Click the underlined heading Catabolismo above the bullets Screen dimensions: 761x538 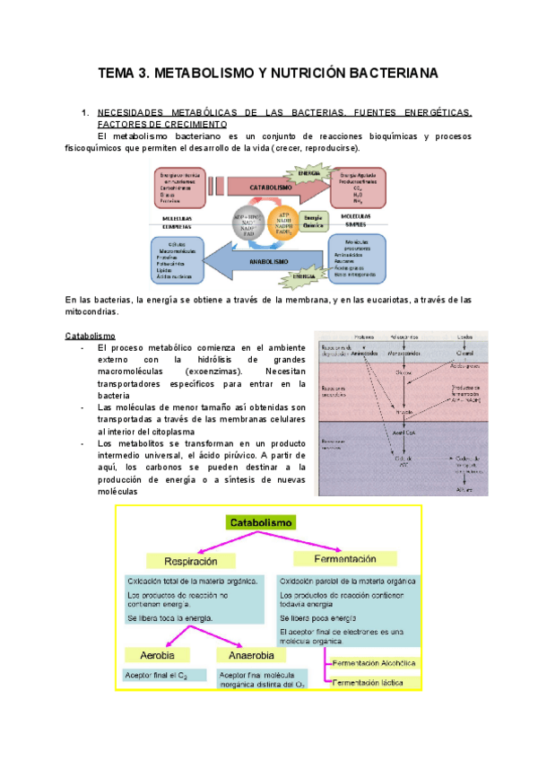click(x=91, y=336)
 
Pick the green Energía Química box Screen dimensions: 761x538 click(x=314, y=220)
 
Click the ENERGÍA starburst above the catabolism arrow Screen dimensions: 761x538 click(x=308, y=172)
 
